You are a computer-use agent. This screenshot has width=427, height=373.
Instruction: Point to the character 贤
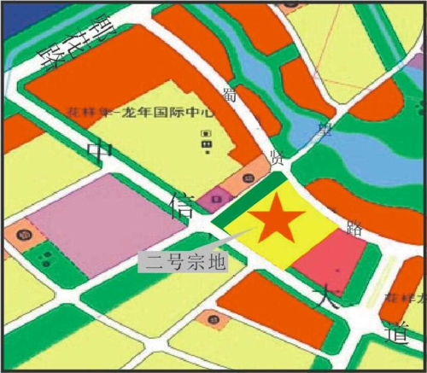(x=276, y=157)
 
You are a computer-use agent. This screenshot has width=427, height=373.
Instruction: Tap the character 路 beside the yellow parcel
(x=355, y=230)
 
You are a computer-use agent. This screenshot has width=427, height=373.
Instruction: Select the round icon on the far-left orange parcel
(x=25, y=232)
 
